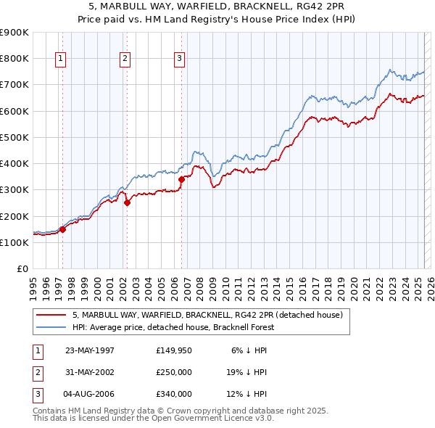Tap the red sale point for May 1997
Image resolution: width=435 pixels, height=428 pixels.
(x=62, y=229)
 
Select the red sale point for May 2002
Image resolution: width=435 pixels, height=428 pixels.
(x=127, y=203)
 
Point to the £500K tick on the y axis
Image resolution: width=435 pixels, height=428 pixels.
(x=14, y=137)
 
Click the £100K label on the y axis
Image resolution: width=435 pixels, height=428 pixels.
(x=14, y=242)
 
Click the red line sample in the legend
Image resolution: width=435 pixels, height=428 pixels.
(x=51, y=316)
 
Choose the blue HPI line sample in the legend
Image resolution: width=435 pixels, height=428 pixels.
(x=51, y=327)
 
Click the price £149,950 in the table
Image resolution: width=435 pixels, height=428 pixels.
(x=173, y=350)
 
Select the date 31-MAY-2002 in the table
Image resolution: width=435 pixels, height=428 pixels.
(x=90, y=372)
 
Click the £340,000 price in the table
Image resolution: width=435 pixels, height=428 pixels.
(x=173, y=394)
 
